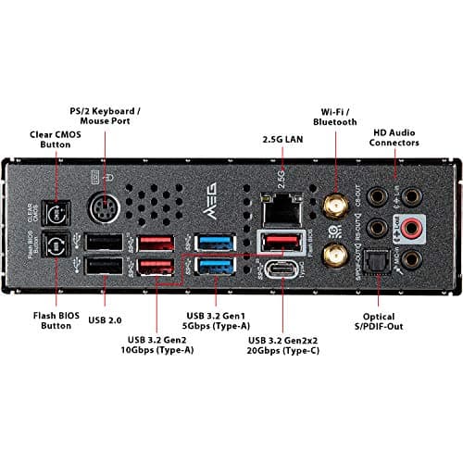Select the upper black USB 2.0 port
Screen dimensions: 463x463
pyautogui.click(x=102, y=242)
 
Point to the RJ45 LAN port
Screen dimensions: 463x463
pyautogui.click(x=279, y=208)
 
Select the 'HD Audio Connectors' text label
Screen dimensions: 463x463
pyautogui.click(x=395, y=137)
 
